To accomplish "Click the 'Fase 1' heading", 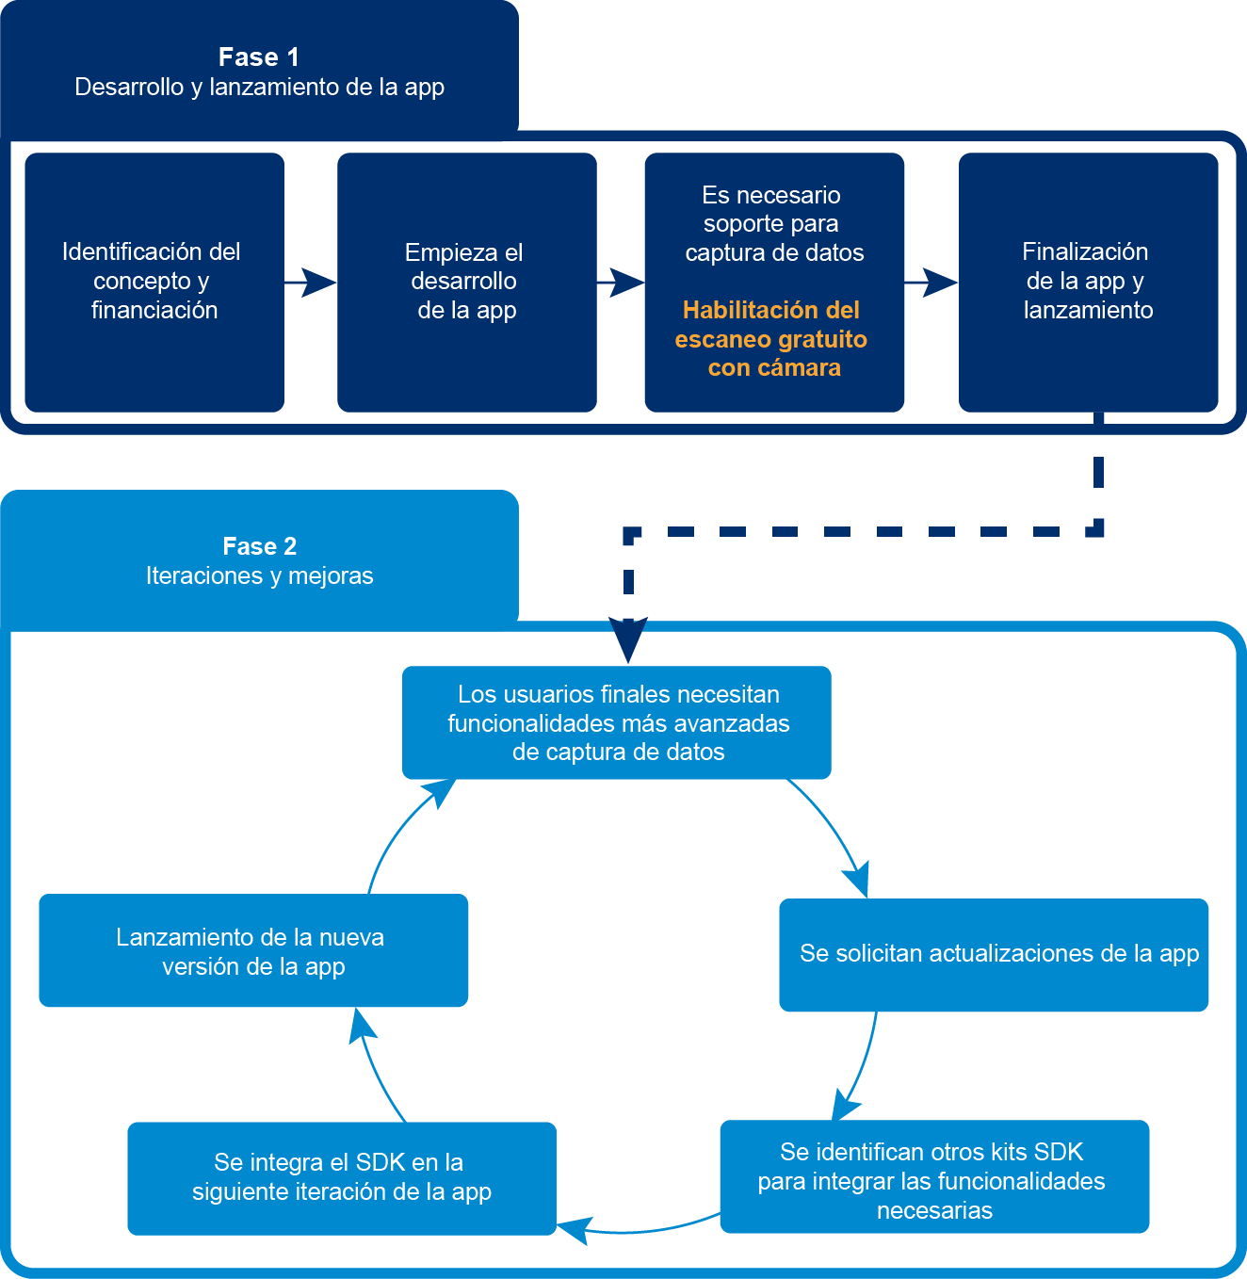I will [259, 57].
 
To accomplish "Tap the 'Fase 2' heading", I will [259, 546].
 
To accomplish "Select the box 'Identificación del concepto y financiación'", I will [154, 282].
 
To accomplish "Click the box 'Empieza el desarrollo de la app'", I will [466, 282].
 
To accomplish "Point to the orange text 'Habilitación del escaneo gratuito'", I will [771, 325].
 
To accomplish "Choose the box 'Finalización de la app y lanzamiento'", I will [1088, 282].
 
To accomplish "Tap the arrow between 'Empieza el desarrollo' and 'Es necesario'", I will [621, 282].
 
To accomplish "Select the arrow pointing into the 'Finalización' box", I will [931, 282].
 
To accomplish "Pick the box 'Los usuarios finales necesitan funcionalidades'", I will [617, 722].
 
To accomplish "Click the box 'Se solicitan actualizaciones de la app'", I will [994, 954].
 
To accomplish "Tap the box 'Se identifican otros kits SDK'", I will [933, 1177].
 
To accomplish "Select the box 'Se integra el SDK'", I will [341, 1177].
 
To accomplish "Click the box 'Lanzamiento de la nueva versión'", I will [252, 950].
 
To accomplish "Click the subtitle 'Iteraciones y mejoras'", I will [259, 575].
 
